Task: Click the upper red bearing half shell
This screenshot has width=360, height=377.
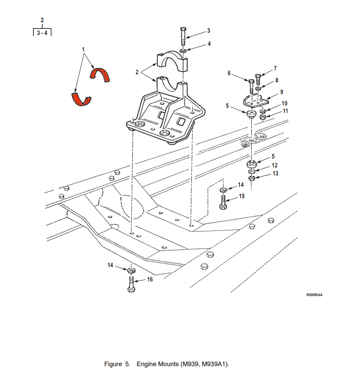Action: [x=100, y=74]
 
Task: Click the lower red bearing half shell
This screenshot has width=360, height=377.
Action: [x=80, y=99]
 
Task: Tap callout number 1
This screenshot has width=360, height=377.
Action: [x=83, y=49]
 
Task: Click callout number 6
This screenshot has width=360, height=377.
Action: [x=229, y=73]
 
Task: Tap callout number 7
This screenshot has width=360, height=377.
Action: [x=275, y=68]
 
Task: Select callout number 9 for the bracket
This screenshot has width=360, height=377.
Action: [x=281, y=92]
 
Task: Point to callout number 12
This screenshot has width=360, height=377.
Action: [x=274, y=166]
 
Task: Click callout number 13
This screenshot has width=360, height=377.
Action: [x=275, y=174]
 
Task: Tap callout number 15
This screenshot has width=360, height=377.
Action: [x=241, y=196]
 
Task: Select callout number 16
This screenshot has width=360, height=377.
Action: [x=150, y=280]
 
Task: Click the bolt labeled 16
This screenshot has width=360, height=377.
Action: [x=131, y=284]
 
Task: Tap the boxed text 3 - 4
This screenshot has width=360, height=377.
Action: [x=42, y=33]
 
